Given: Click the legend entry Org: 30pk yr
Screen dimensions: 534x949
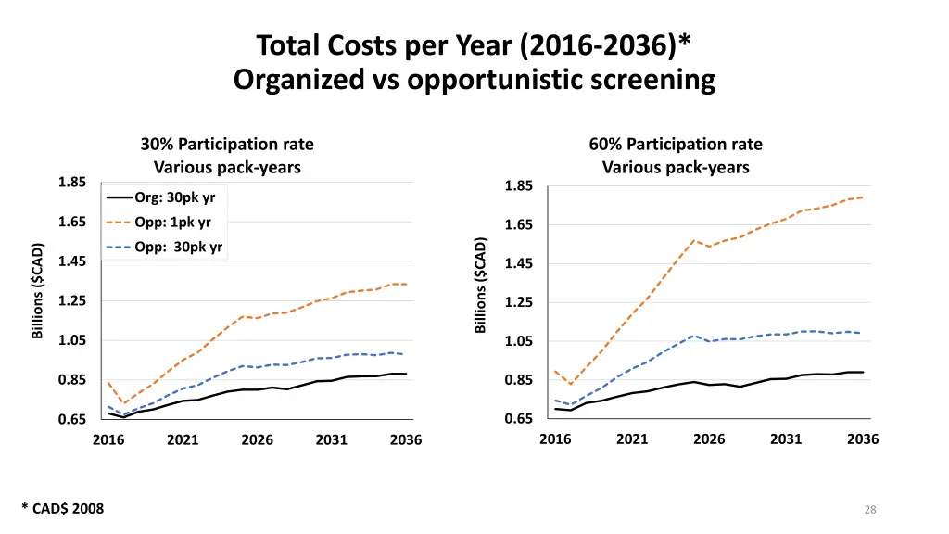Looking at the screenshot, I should tap(174, 197).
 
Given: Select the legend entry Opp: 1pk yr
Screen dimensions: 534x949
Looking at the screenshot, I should tap(171, 222).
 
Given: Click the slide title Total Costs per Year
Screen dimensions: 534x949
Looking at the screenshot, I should tap(474, 45).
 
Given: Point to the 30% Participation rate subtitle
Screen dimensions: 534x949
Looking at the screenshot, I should tap(227, 145).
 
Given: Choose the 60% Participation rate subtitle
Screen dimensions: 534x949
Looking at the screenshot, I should tap(676, 145).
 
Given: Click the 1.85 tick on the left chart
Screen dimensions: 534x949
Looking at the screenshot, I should tap(71, 183).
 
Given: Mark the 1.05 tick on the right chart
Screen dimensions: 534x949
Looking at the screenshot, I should tap(519, 342).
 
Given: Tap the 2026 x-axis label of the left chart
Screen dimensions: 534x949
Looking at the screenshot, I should tap(257, 440).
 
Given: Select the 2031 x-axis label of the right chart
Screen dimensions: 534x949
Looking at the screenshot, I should tap(786, 439).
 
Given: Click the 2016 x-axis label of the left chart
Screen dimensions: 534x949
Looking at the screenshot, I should tap(108, 440).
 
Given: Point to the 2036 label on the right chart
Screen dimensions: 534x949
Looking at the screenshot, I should tap(863, 439).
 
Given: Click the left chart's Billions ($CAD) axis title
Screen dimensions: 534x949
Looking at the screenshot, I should tap(38, 291).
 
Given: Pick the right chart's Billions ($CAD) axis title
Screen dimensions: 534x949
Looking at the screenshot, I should tap(481, 286).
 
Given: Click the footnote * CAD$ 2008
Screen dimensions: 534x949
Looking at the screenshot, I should tap(63, 508).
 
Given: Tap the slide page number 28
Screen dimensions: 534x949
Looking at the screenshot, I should tap(869, 509).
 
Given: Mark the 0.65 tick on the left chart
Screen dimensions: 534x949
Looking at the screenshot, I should tap(71, 420).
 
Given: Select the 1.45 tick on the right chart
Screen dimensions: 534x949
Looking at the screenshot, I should tap(519, 265).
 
